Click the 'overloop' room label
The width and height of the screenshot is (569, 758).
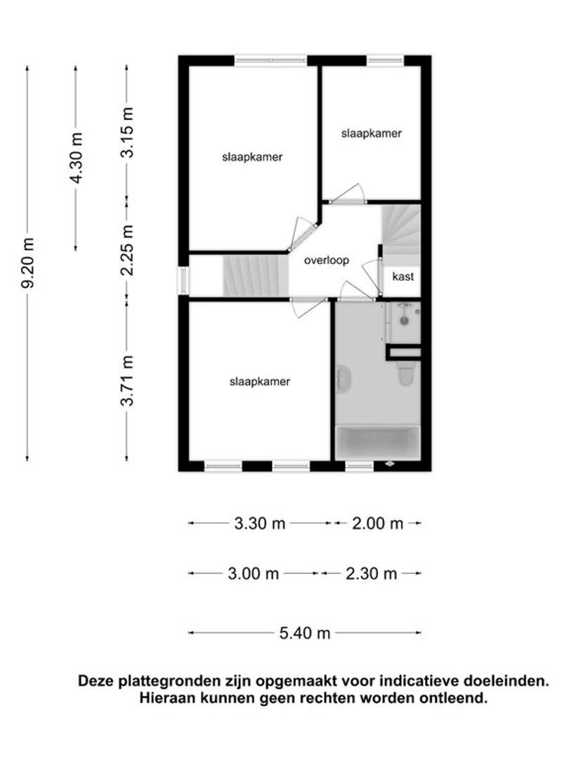click(x=326, y=260)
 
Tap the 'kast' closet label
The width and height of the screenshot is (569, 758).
click(x=403, y=277)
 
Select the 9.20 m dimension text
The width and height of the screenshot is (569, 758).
click(x=27, y=263)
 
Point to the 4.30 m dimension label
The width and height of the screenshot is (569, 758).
click(x=76, y=158)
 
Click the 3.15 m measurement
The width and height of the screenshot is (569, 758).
click(x=126, y=132)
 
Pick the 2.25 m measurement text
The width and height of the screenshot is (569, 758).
click(x=126, y=250)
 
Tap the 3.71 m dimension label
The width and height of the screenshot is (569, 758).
click(x=126, y=380)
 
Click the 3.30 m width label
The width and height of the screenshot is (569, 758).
click(x=260, y=523)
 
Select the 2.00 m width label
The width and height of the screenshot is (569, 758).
click(x=377, y=523)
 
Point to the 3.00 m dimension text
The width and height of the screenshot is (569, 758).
click(x=253, y=573)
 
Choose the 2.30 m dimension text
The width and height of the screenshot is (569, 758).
click(x=371, y=573)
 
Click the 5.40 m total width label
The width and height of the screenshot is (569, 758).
click(x=305, y=633)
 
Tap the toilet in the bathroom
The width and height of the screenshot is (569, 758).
click(x=406, y=374)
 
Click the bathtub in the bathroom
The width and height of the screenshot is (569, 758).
click(x=377, y=443)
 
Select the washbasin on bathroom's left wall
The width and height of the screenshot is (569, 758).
click(x=343, y=378)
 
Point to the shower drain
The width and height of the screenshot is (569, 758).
click(x=404, y=320)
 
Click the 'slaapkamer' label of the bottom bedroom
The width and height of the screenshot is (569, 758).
click(x=260, y=381)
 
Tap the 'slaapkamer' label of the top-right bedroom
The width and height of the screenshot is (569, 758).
click(x=371, y=133)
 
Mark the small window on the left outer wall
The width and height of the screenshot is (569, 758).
click(x=183, y=281)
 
